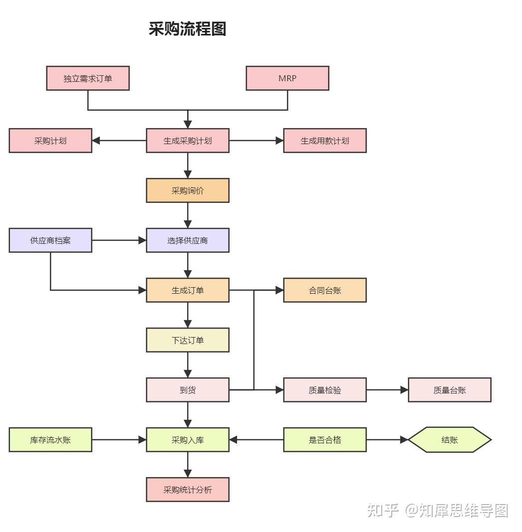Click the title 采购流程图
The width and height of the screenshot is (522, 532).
187,29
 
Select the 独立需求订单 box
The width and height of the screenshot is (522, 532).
88,78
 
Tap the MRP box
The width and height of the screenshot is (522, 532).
287,78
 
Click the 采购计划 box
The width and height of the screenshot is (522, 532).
50,141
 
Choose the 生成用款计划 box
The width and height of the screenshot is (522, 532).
325,141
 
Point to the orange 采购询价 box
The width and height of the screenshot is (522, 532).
188,190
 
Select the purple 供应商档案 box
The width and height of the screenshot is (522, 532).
50,240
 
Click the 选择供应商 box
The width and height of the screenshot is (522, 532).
188,240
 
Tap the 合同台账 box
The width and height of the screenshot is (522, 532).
325,290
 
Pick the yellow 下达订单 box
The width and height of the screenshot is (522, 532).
188,340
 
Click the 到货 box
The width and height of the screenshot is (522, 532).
188,390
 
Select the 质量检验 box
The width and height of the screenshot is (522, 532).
325,390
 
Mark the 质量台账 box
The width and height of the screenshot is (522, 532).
450,390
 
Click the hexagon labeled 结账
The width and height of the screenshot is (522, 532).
450,440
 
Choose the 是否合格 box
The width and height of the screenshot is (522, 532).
325,440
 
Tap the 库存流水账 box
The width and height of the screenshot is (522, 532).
50,440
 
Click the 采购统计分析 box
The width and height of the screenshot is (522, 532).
188,490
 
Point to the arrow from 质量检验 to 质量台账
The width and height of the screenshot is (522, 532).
387,390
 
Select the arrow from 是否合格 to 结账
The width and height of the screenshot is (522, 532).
387,440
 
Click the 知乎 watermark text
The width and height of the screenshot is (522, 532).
383,511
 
